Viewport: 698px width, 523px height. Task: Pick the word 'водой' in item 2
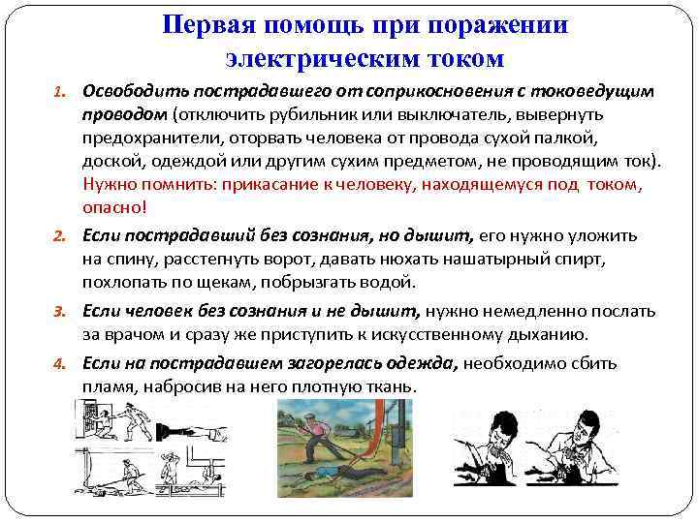tap(393, 282)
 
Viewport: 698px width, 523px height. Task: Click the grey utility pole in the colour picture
tap(398, 435)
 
